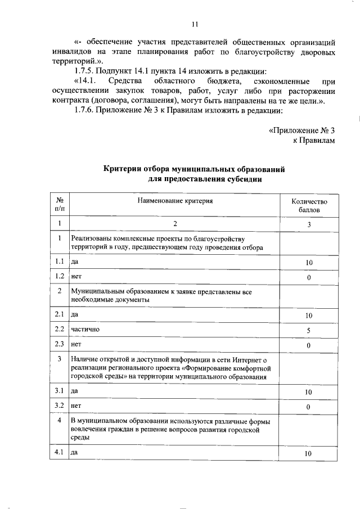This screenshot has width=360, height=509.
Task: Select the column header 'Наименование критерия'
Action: [175, 200]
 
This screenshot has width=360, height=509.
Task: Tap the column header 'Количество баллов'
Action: [308, 205]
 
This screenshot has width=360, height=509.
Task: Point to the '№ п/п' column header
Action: [59, 205]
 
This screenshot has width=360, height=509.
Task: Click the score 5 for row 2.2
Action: [308, 331]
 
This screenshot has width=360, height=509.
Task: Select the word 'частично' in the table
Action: [85, 330]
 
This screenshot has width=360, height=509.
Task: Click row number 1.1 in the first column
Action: [59, 262]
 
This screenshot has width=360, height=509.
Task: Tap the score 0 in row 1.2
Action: [308, 278]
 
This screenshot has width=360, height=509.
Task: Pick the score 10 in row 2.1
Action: [308, 316]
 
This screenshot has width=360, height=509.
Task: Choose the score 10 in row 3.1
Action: [308, 391]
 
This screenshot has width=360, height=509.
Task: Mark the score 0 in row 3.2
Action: [308, 406]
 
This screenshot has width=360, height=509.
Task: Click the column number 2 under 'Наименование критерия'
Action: [175, 224]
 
